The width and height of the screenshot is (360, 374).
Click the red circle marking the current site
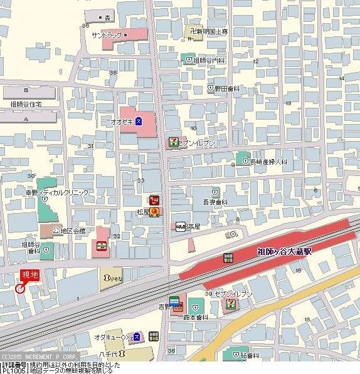(19, 289)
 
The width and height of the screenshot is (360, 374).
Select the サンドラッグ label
(106, 34)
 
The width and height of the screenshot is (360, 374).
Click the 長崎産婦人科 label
(268, 162)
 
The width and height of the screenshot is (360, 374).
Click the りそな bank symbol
(107, 276)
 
